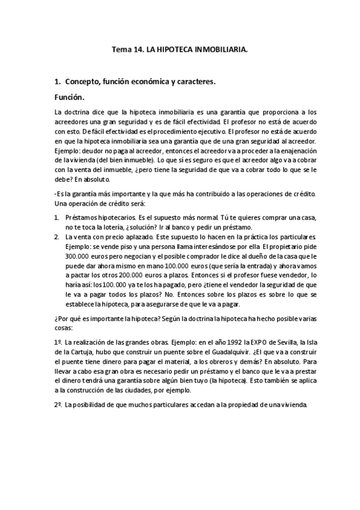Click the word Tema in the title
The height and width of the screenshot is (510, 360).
[x=122, y=52]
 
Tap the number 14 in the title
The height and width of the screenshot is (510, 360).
[x=140, y=52]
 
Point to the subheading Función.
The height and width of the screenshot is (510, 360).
[x=70, y=96]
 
